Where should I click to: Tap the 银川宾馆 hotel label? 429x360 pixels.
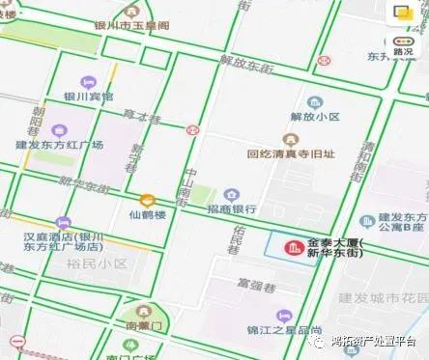point(88,97)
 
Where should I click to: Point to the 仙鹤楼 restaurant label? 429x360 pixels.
point(148,214)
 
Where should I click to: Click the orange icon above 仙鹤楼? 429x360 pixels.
point(147,199)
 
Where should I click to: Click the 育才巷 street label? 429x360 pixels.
point(141,116)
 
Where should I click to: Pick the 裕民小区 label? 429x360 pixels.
point(97,263)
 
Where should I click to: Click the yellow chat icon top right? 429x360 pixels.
point(402,13)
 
